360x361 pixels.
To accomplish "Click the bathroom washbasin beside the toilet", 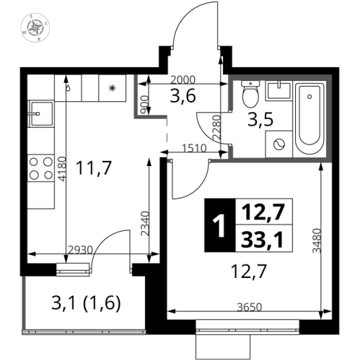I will coord(278,91).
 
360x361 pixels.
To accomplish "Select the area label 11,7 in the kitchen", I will coord(94,169).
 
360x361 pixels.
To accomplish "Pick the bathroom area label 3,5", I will coord(255,120).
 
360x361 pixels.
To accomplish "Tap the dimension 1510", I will coord(193,149).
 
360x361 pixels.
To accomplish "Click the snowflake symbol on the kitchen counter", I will coord(111,88).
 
